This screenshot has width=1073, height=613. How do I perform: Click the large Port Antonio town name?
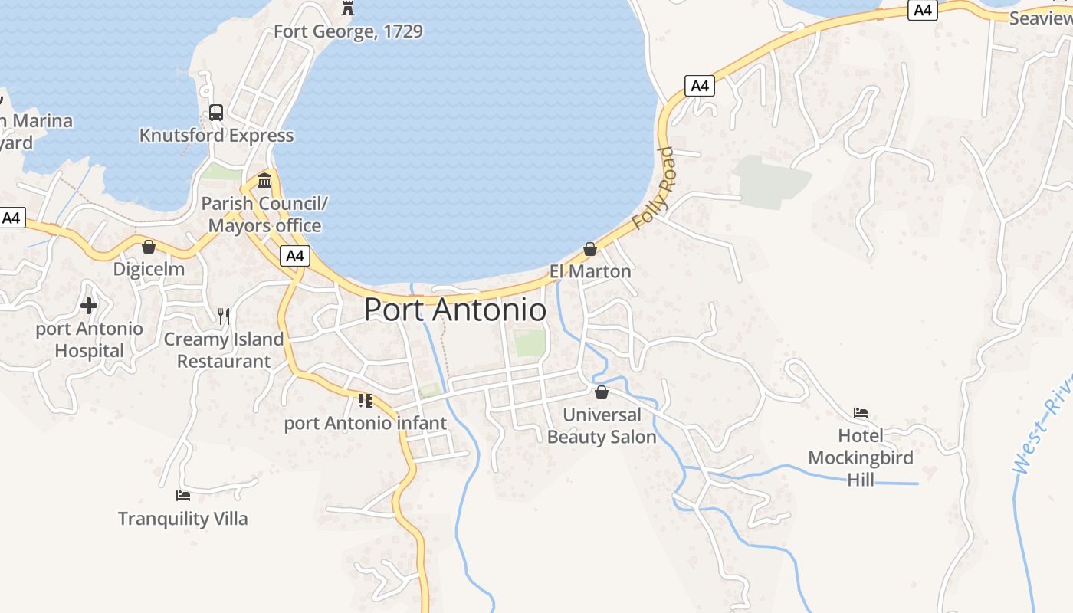click(x=454, y=310)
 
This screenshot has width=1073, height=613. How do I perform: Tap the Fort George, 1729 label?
click(x=348, y=31)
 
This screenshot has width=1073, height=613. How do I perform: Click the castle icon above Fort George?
click(x=348, y=8)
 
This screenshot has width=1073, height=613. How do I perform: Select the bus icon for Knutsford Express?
click(x=216, y=113)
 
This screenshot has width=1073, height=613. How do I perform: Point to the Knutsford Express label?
click(x=216, y=136)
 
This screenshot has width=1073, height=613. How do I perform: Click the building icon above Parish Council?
click(x=265, y=181)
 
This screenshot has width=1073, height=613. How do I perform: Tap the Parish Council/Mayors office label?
click(x=264, y=215)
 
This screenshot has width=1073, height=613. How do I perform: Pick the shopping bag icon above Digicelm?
click(x=149, y=247)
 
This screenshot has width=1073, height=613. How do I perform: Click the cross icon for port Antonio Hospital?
click(x=89, y=306)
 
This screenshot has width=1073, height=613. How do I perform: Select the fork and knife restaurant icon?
click(x=224, y=316)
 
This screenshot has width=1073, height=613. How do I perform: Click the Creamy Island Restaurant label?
click(x=224, y=350)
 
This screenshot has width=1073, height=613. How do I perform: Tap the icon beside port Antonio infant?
click(x=366, y=400)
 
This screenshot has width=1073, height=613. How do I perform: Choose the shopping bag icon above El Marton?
click(x=590, y=249)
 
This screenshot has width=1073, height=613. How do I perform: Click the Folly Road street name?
click(x=654, y=188)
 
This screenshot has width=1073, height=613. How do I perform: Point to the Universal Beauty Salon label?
click(x=602, y=426)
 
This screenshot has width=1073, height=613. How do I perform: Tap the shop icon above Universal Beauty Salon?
click(x=602, y=392)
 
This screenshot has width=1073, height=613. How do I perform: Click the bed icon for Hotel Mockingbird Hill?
click(x=861, y=413)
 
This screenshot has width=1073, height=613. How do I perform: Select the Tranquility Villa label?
click(x=183, y=519)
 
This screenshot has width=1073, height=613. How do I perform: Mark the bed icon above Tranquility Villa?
click(x=182, y=496)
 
